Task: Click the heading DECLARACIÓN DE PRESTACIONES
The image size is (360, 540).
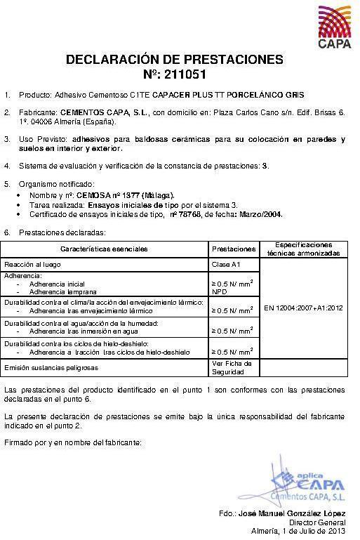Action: click(x=174, y=60)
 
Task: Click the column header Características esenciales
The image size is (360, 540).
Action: click(x=104, y=249)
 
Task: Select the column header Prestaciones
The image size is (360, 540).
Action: click(x=233, y=249)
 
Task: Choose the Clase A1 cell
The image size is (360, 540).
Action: click(x=226, y=265)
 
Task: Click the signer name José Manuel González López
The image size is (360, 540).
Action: click(x=292, y=514)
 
